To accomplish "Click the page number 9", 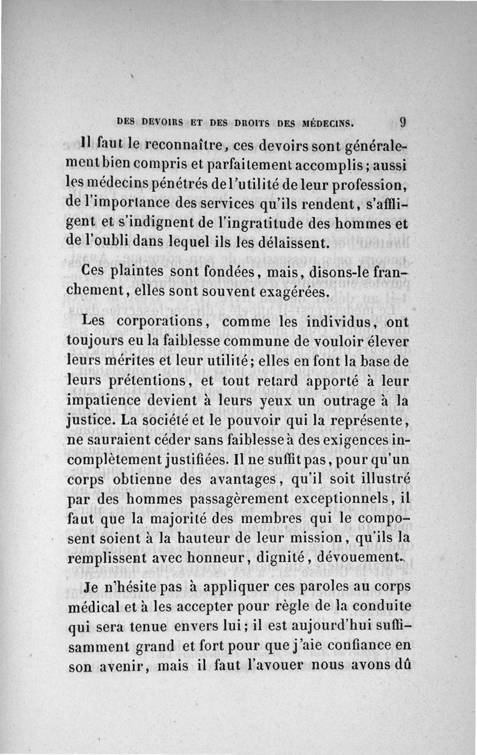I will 404,122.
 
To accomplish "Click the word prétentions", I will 151,381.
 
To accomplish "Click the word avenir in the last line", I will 121,666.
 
